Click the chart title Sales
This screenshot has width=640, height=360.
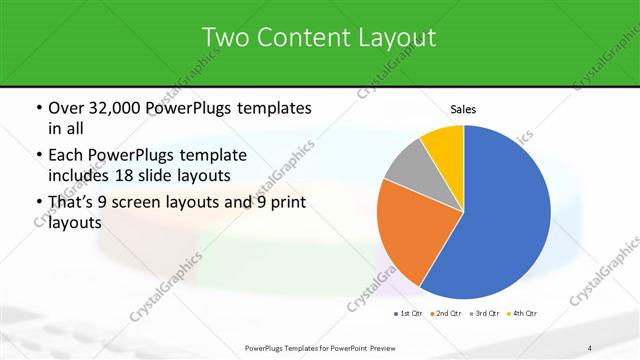coord(463,108)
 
